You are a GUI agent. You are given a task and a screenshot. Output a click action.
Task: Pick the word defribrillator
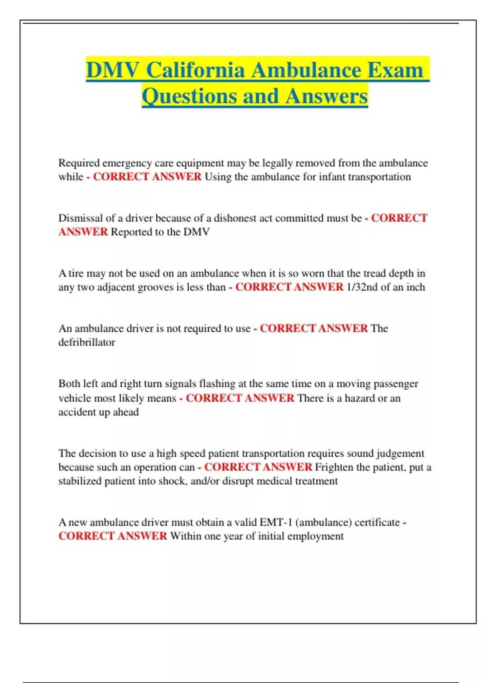tap(87, 342)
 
